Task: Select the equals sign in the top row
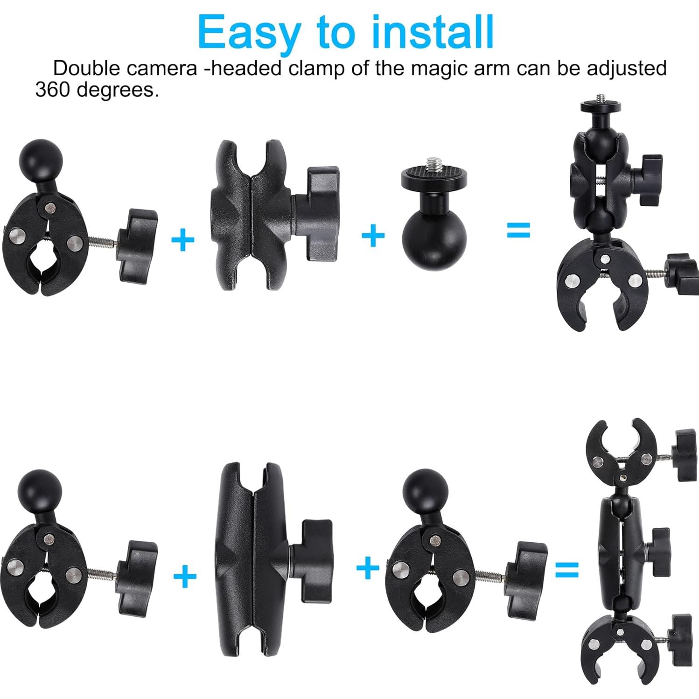518,230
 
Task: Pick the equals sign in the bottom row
566,570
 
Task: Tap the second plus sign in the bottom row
368,567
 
